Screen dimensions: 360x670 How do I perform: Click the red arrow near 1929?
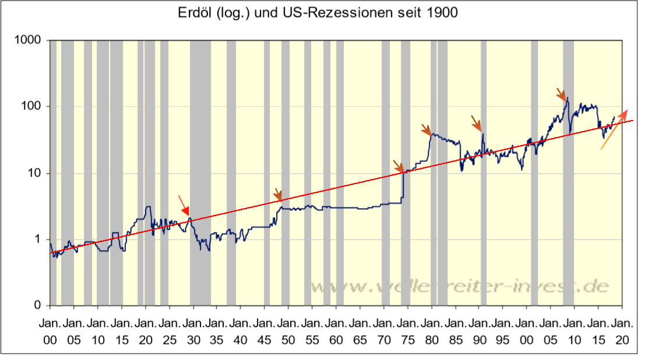pyautogui.click(x=184, y=206)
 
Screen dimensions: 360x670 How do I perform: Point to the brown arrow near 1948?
pyautogui.click(x=278, y=194)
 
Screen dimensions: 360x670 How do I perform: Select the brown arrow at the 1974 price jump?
pyautogui.click(x=398, y=166)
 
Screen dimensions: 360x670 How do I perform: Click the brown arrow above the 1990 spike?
pyautogui.click(x=477, y=123)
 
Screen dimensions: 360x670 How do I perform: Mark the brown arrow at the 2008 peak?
pyautogui.click(x=560, y=93)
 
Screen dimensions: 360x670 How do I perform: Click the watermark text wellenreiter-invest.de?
pyautogui.click(x=460, y=286)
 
